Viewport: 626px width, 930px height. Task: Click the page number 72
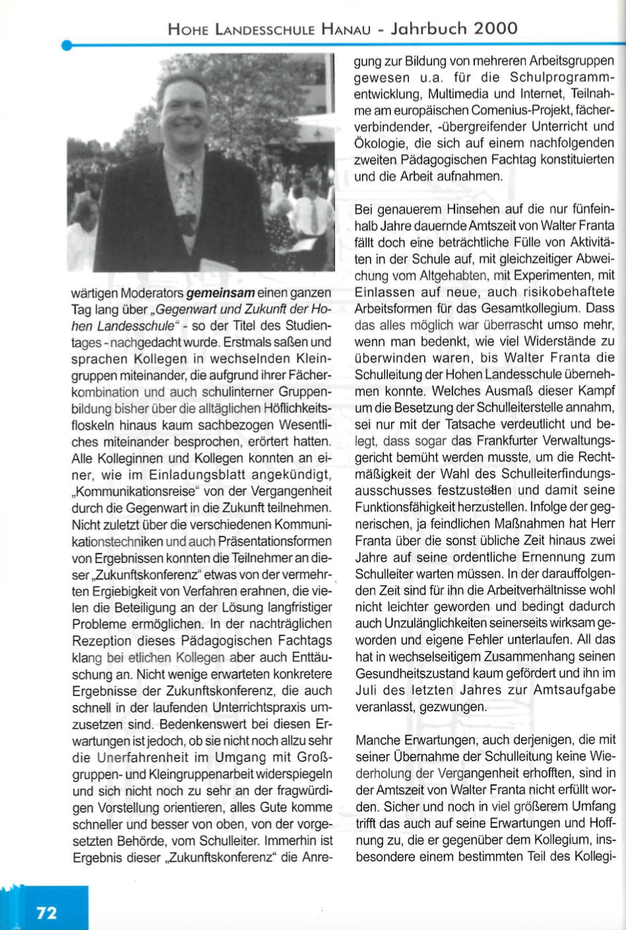[x=47, y=912]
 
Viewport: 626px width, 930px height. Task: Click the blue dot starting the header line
[x=66, y=46]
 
